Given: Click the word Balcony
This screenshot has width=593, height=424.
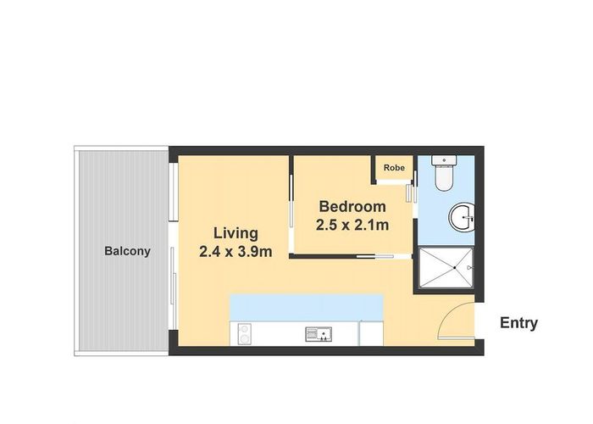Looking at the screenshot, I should (127, 251).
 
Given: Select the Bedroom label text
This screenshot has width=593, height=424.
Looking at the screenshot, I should (352, 207).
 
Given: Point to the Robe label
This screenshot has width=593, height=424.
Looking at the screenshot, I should (394, 169).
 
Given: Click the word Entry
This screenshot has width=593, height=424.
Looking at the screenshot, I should (518, 323).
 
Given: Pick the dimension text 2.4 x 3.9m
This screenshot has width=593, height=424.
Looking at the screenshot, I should (236, 251).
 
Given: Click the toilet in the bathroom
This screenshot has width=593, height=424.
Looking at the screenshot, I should (444, 176).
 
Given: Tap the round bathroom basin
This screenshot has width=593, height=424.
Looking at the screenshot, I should (463, 218).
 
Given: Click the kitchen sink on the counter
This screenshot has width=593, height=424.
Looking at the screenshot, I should (318, 334).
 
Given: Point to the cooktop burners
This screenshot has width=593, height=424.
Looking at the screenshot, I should (244, 334).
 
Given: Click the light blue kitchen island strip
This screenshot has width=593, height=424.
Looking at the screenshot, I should (307, 307).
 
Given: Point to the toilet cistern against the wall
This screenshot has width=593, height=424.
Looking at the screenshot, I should (443, 160).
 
